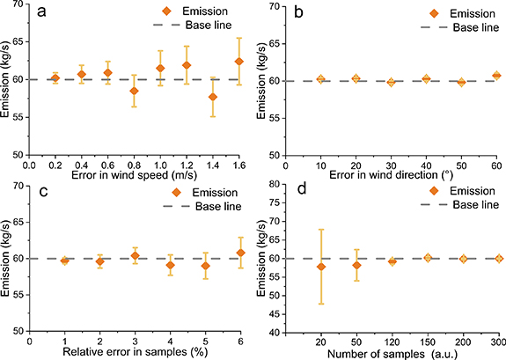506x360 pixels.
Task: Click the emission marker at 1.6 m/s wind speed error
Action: (x=238, y=61)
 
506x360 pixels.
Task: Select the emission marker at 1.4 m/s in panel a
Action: (x=212, y=96)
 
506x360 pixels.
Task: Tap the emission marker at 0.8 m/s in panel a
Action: (x=134, y=91)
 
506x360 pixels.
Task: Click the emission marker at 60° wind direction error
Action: (x=496, y=76)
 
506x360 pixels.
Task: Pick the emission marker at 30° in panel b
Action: (x=391, y=82)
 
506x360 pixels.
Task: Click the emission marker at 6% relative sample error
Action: (x=238, y=253)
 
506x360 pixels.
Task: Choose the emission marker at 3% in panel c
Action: (x=135, y=256)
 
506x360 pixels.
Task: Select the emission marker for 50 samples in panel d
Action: (x=356, y=265)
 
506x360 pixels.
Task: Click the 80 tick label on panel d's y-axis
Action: (x=275, y=185)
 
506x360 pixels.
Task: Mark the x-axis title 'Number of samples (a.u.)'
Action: (x=391, y=353)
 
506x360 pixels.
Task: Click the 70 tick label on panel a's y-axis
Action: (x=18, y=6)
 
